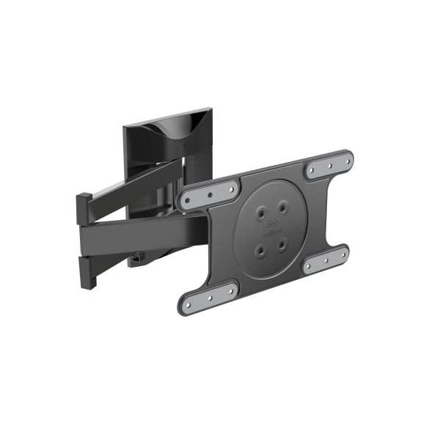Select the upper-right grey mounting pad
coord(329,166)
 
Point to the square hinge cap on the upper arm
coord(84,208)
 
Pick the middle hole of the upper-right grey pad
coord(329,166)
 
